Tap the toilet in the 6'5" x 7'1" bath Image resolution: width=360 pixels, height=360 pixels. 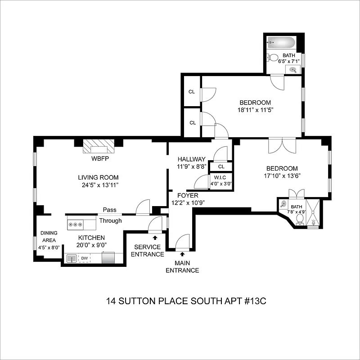pyautogui.click(x=271, y=58)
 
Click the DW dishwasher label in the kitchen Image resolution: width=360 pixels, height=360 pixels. pyautogui.click(x=84, y=258)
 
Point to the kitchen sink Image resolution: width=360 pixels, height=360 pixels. pyautogui.click(x=72, y=258)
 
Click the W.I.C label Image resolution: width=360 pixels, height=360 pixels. pyautogui.click(x=221, y=177)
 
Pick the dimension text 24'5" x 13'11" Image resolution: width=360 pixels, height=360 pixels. pyautogui.click(x=100, y=185)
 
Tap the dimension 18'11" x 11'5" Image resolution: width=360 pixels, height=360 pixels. pyautogui.click(x=255, y=109)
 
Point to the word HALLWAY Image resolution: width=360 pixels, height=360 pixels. pyautogui.click(x=191, y=159)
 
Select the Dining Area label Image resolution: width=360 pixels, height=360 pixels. pyautogui.click(x=48, y=237)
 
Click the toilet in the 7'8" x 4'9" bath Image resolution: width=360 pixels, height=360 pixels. pyautogui.click(x=300, y=219)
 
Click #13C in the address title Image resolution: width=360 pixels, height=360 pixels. pyautogui.click(x=254, y=300)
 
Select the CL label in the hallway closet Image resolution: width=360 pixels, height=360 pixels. pyautogui.click(x=221, y=166)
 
